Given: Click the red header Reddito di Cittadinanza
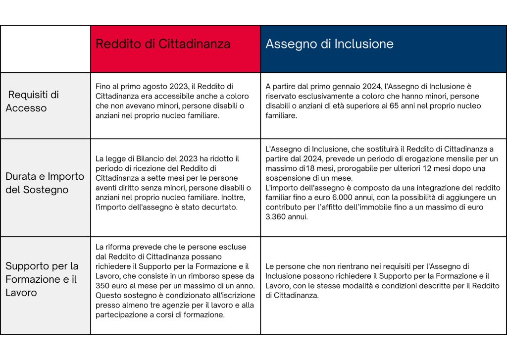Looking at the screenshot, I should pyautogui.click(x=163, y=44).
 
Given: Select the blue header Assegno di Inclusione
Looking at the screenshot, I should pyautogui.click(x=329, y=44).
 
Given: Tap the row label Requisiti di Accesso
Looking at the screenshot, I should pyautogui.click(x=33, y=101).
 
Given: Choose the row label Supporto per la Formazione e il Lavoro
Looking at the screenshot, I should pyautogui.click(x=42, y=279).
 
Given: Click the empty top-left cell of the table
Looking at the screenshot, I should pyautogui.click(x=46, y=49).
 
